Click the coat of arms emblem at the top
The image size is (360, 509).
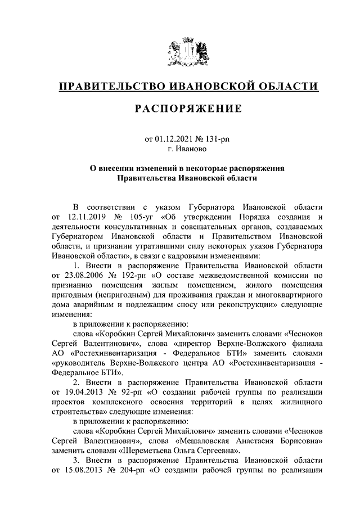[x=189, y=52]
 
